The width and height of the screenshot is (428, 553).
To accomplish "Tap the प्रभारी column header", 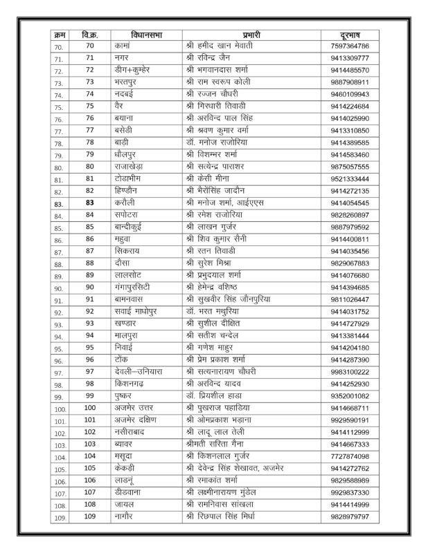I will (x=250, y=33).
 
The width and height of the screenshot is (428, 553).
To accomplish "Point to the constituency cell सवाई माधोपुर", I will (x=139, y=311).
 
